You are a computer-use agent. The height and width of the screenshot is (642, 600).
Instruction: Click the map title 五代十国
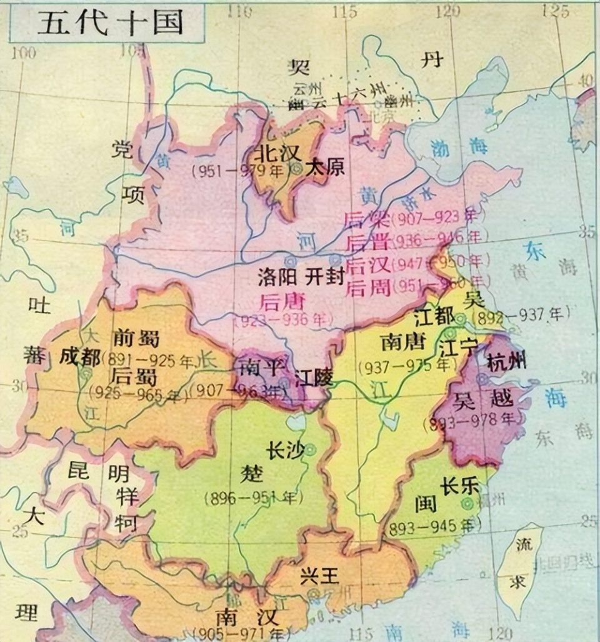click(110, 23)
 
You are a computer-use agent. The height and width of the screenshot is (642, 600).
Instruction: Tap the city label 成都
click(79, 358)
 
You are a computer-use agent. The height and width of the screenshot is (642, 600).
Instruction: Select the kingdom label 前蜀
click(136, 339)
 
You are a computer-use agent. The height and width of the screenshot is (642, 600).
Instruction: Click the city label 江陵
click(313, 378)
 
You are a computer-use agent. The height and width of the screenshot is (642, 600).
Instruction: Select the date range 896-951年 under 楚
click(253, 498)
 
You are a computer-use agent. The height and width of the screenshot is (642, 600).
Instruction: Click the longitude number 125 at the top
click(556, 11)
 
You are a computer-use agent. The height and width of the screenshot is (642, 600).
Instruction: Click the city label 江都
click(434, 317)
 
